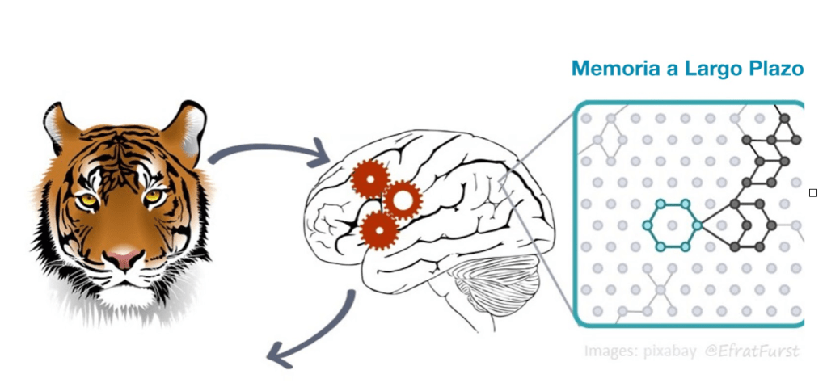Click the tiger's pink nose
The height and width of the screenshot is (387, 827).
point(123,259)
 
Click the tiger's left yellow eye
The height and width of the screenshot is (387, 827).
point(86,199)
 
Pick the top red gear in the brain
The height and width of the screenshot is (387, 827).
point(370,179)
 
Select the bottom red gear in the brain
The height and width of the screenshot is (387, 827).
point(378,229)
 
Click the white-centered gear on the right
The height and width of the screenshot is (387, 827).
point(402,200)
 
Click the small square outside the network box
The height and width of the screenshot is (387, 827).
point(813,192)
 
